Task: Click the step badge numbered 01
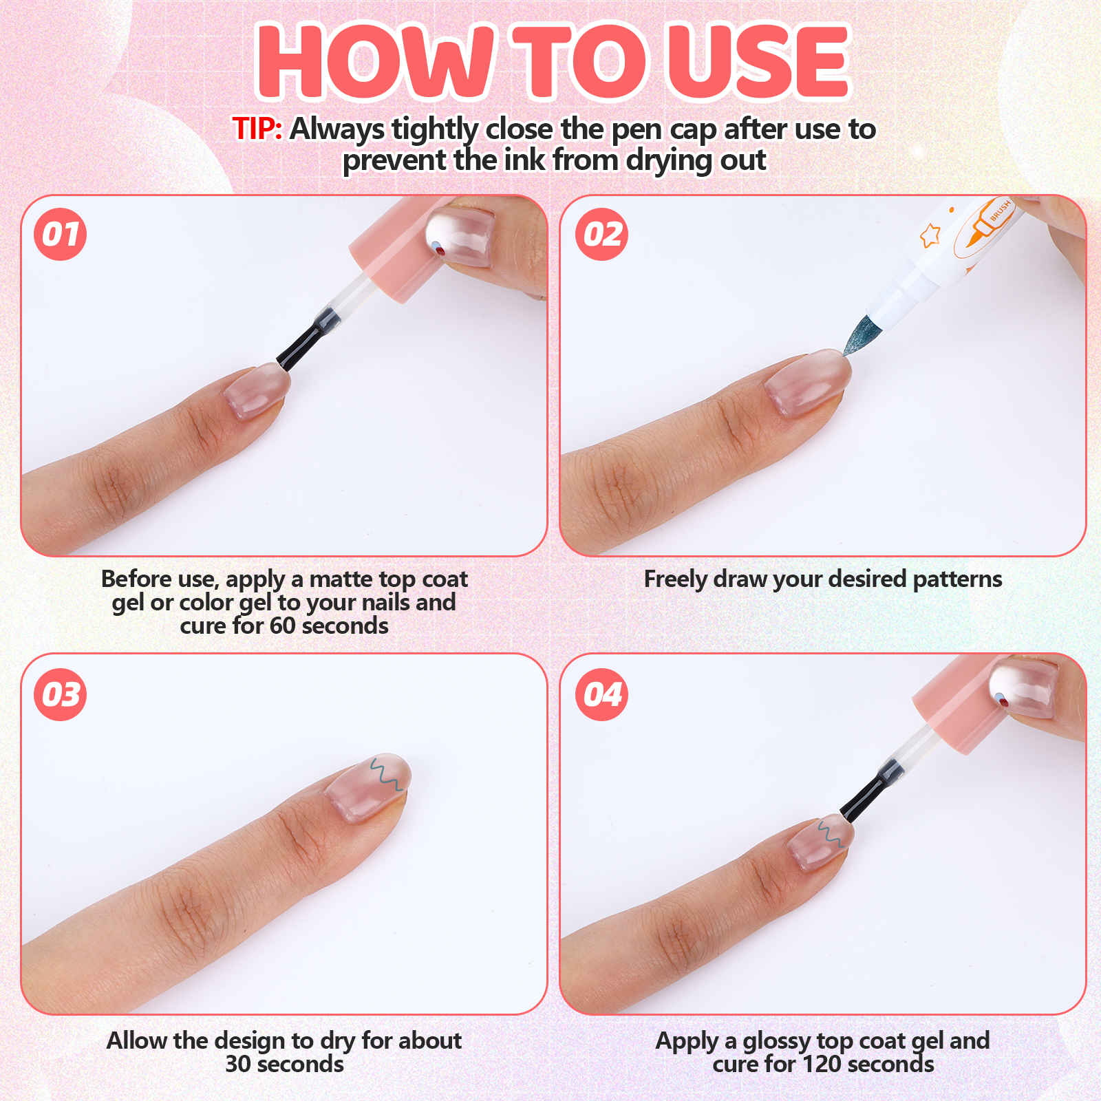pos(61,235)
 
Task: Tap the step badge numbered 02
pos(602,235)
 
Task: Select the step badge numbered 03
pos(61,694)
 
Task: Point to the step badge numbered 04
pos(602,694)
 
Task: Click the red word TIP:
pos(257,129)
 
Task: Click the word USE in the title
pos(759,61)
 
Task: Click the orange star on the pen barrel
pos(930,235)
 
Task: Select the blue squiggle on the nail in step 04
pos(829,834)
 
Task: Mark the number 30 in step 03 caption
pos(238,1065)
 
